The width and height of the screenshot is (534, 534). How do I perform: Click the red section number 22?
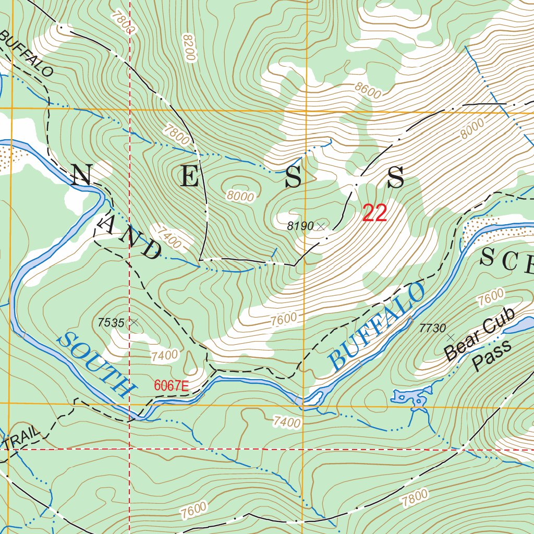374,213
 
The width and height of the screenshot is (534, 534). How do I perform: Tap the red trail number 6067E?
171,386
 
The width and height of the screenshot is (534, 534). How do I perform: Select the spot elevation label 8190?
300,226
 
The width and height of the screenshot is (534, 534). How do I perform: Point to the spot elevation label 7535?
111,323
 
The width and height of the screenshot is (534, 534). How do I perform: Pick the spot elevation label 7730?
432,328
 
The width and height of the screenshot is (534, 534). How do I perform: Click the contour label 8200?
188,47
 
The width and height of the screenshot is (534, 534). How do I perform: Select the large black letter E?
190,178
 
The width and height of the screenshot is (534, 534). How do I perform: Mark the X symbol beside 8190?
321,226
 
